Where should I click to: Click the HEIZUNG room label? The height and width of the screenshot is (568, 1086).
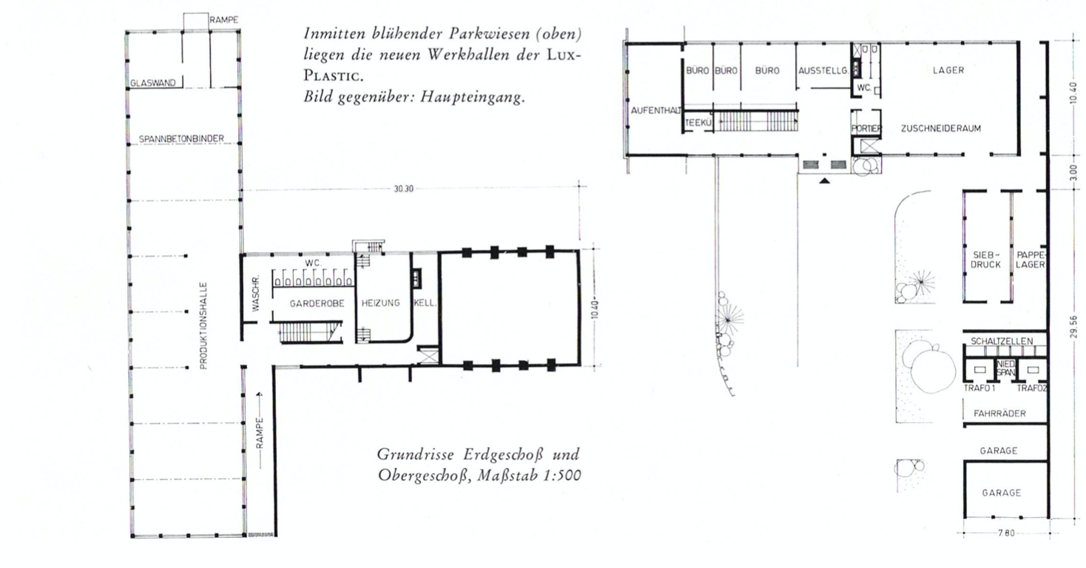pyautogui.click(x=380, y=303)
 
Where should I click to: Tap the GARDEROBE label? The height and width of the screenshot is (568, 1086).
pyautogui.click(x=317, y=304)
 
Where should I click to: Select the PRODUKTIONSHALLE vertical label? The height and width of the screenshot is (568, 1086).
pyautogui.click(x=203, y=325)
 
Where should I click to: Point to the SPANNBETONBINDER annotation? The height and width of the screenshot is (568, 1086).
pyautogui.click(x=181, y=139)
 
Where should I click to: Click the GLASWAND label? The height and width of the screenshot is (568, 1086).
pyautogui.click(x=152, y=84)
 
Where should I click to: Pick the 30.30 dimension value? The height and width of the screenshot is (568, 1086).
pyautogui.click(x=403, y=189)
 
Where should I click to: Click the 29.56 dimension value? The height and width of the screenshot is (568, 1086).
pyautogui.click(x=1073, y=327)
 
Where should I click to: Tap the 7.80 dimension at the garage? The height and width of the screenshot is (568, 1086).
pyautogui.click(x=1007, y=533)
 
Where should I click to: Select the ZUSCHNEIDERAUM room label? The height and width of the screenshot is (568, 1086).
pyautogui.click(x=940, y=129)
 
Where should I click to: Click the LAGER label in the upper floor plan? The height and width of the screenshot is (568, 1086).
pyautogui.click(x=948, y=70)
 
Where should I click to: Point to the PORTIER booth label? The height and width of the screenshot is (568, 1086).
pyautogui.click(x=866, y=129)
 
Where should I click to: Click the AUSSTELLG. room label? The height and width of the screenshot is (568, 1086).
pyautogui.click(x=823, y=71)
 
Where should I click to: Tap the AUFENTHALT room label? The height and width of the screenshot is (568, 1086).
pyautogui.click(x=656, y=110)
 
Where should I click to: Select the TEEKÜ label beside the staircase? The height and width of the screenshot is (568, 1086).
pyautogui.click(x=698, y=123)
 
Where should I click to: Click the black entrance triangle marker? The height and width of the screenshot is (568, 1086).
pyautogui.click(x=824, y=181)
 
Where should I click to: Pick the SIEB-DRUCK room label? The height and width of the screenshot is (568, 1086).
pyautogui.click(x=985, y=260)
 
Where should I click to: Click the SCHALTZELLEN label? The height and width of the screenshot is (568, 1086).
pyautogui.click(x=1002, y=342)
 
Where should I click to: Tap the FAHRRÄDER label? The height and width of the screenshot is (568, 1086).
pyautogui.click(x=999, y=414)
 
